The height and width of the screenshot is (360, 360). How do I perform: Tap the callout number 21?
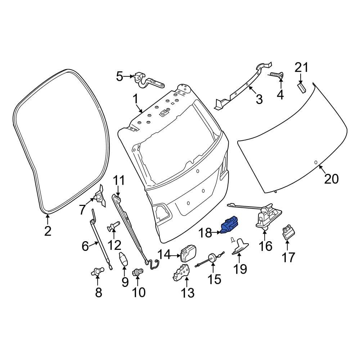[302, 67]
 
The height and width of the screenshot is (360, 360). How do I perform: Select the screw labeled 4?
[277, 75]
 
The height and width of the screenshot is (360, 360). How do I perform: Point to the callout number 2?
[48, 231]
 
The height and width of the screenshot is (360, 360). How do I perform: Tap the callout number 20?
[331, 178]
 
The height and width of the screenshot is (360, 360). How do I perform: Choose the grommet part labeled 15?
[212, 257]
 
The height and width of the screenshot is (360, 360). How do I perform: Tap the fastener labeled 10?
[138, 272]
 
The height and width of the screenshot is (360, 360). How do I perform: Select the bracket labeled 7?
[99, 197]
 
